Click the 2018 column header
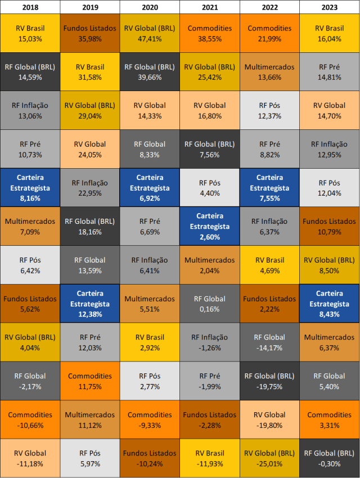[x=30, y=7]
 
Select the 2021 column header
[x=210, y=7]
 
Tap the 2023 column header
[x=330, y=7]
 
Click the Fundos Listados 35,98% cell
[x=90, y=33]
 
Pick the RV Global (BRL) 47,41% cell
[x=150, y=33]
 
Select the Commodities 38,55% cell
[x=210, y=33]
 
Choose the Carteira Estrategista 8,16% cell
[x=30, y=188]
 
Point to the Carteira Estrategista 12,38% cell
[x=90, y=304]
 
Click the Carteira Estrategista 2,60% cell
[x=210, y=226]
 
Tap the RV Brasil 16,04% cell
[x=330, y=33]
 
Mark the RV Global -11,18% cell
[x=30, y=458]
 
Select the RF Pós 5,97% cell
[x=90, y=458]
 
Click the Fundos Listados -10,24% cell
[x=150, y=458]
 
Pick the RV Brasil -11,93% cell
[x=210, y=458]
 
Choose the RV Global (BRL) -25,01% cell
[x=269, y=458]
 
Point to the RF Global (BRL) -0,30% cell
[x=330, y=458]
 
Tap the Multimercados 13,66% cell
[x=269, y=72]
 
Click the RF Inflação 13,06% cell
[x=30, y=110]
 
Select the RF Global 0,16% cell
[x=210, y=304]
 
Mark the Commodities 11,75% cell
[x=90, y=381]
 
